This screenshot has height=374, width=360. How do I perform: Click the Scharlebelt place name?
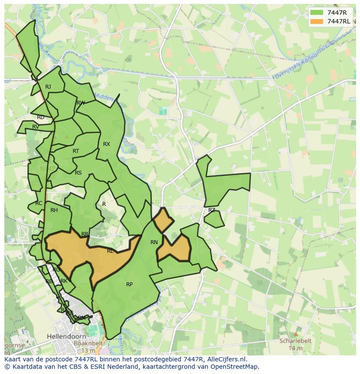[296, 341]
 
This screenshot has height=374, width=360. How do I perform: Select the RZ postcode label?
[212, 210]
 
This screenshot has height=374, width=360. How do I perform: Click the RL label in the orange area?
[110, 251]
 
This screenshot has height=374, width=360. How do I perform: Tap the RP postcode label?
[129, 285]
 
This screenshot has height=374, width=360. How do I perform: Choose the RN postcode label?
[154, 242]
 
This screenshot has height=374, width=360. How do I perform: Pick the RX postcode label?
[107, 144]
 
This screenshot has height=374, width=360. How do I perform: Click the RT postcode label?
[76, 151]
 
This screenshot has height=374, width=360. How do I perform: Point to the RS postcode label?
[78, 173]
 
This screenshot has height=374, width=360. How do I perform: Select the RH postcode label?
[54, 210]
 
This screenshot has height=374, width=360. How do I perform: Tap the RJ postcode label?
[48, 87]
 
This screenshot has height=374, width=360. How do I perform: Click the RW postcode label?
[80, 103]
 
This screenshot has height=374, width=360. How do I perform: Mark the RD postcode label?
[40, 117]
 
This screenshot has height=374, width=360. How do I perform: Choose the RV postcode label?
[36, 127]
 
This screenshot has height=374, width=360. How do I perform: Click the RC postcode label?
[39, 203]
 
